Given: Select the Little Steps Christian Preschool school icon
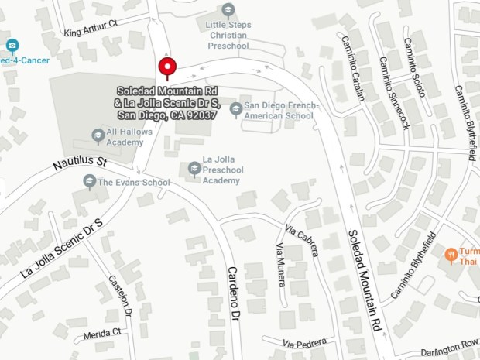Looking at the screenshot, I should [x=228, y=10].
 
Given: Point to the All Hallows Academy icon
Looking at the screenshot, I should [x=98, y=136].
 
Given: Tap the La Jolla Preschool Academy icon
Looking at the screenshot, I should [x=194, y=168].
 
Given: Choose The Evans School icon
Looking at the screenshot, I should [x=89, y=182].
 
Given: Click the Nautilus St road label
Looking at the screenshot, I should [x=80, y=163].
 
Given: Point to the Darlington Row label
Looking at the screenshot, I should [x=450, y=344].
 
